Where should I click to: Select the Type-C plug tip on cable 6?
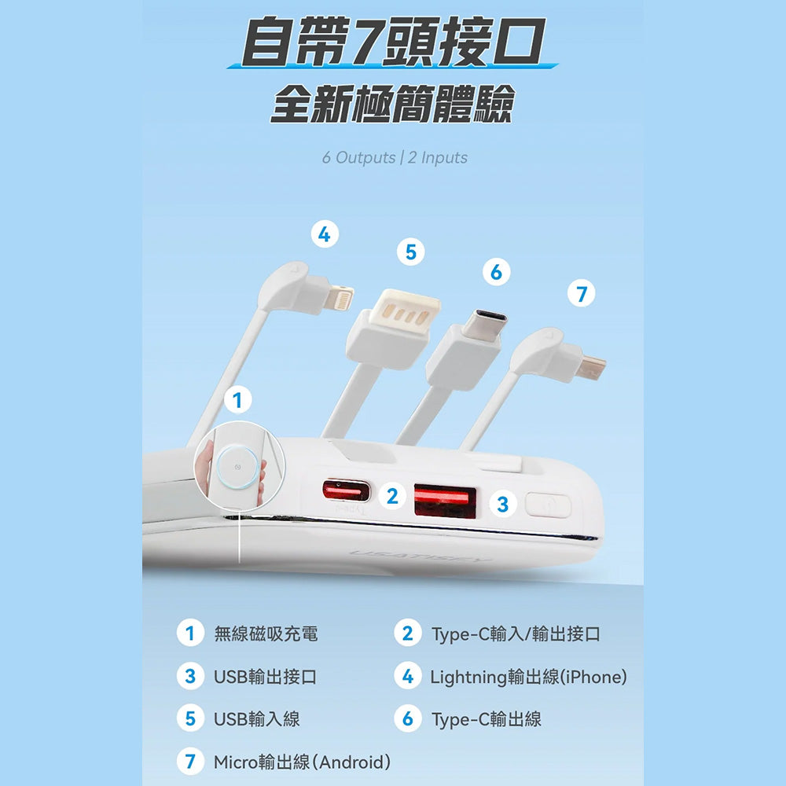[x=483, y=325]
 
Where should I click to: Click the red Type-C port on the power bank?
[x=346, y=490]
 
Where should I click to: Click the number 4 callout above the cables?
[x=325, y=234]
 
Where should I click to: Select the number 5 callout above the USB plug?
[x=410, y=252]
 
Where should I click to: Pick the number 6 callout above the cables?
[x=496, y=272]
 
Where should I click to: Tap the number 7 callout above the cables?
[x=582, y=294]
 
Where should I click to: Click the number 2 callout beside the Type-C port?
[x=392, y=496]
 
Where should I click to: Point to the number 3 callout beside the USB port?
[x=503, y=504]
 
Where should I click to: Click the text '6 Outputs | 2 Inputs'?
[x=395, y=157]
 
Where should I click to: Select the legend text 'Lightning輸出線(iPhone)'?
[x=528, y=677]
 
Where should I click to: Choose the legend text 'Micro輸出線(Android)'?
[x=302, y=762]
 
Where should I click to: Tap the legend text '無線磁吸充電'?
[x=266, y=634]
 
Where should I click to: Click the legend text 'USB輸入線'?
[x=257, y=719]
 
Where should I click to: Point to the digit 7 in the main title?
[x=367, y=41]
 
